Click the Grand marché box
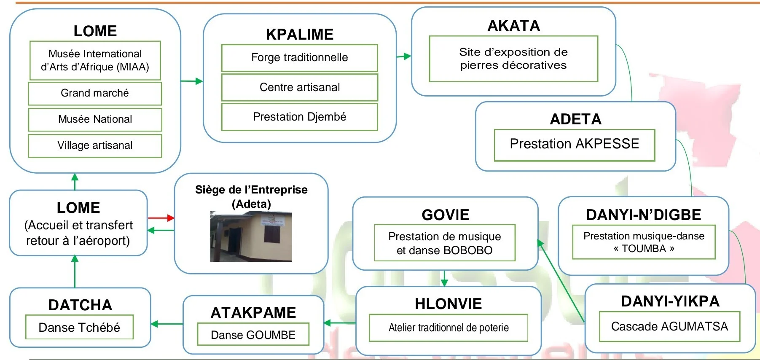click(x=95, y=93)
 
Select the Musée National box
click(x=95, y=119)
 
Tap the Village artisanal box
click(x=95, y=145)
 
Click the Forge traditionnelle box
click(x=299, y=58)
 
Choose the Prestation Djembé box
click(x=299, y=117)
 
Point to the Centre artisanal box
click(x=299, y=87)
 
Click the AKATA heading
click(x=513, y=26)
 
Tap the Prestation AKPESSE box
click(x=574, y=144)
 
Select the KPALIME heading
click(x=299, y=34)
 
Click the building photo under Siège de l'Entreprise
click(x=251, y=236)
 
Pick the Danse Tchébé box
click(x=79, y=327)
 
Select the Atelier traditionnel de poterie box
click(x=448, y=328)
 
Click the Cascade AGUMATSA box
click(x=669, y=326)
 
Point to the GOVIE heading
click(x=445, y=215)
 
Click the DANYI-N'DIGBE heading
click(x=643, y=215)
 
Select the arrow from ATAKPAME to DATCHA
click(x=167, y=324)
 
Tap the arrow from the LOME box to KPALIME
click(x=192, y=81)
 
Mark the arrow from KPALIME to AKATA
click(x=404, y=56)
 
